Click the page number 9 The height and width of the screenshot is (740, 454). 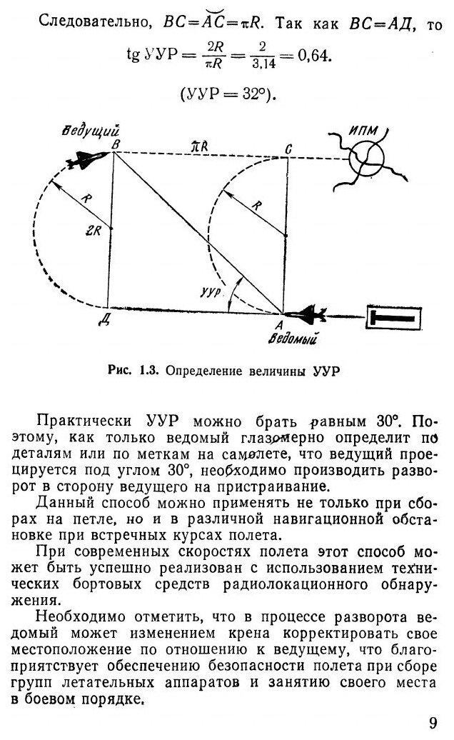(433, 721)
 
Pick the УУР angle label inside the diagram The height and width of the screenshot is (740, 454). (212, 292)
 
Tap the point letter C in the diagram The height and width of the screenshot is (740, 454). (288, 147)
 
